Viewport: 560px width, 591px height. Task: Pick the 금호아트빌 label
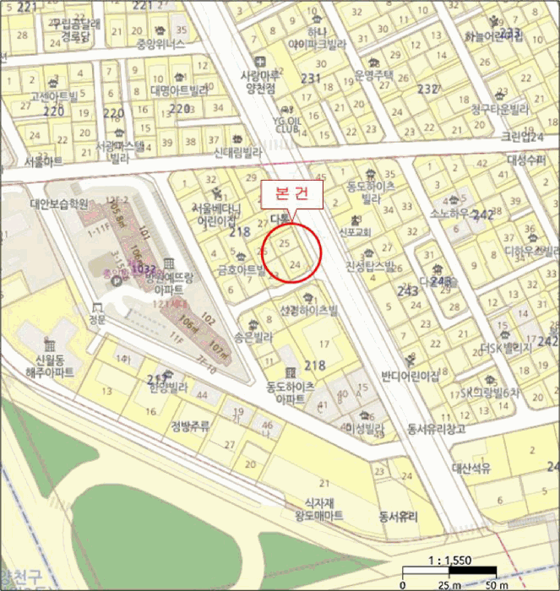(241, 272)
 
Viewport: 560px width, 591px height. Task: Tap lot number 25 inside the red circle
(285, 243)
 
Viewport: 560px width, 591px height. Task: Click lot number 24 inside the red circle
(295, 264)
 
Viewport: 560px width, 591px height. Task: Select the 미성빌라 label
(364, 428)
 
